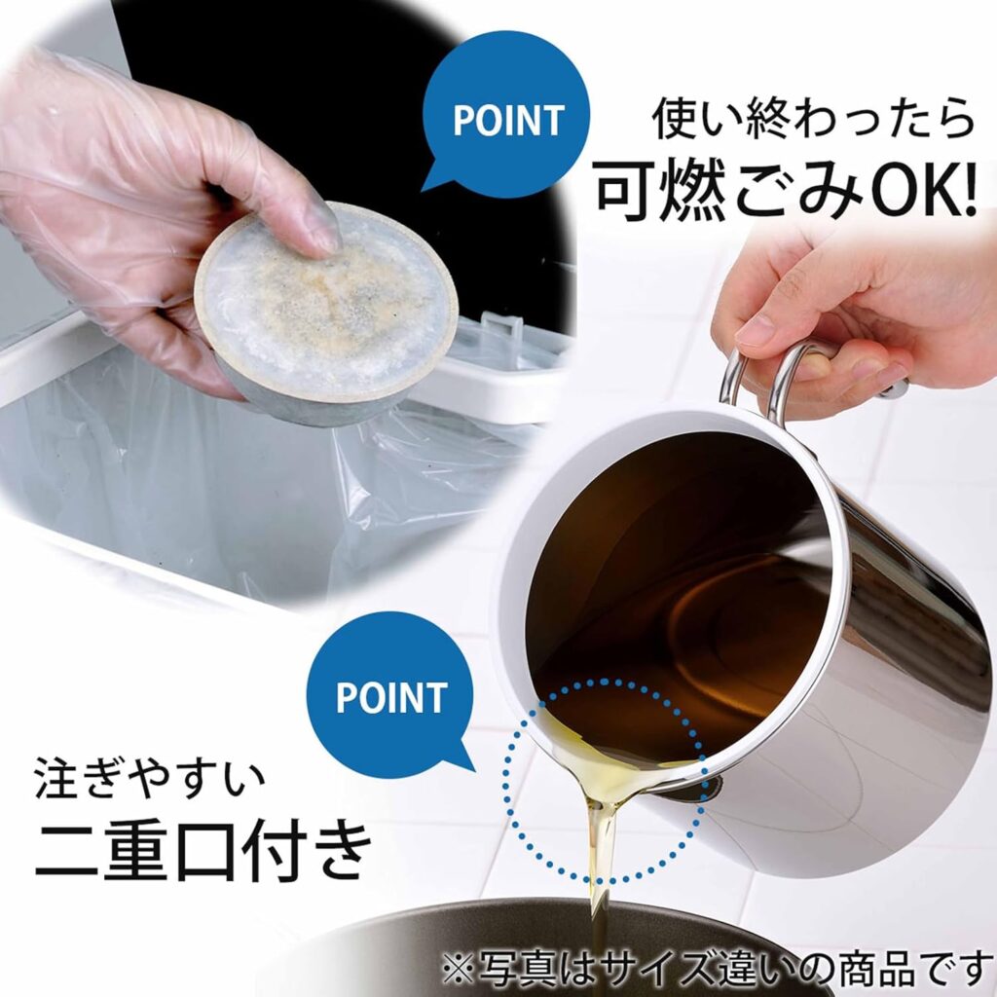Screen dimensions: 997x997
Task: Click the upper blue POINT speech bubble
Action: point(505,115)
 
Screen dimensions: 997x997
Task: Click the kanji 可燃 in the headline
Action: point(659,189)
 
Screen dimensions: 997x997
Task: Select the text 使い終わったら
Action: point(813,118)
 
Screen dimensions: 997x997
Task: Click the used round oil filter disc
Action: point(325,312)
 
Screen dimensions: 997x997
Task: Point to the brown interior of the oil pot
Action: point(674,598)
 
